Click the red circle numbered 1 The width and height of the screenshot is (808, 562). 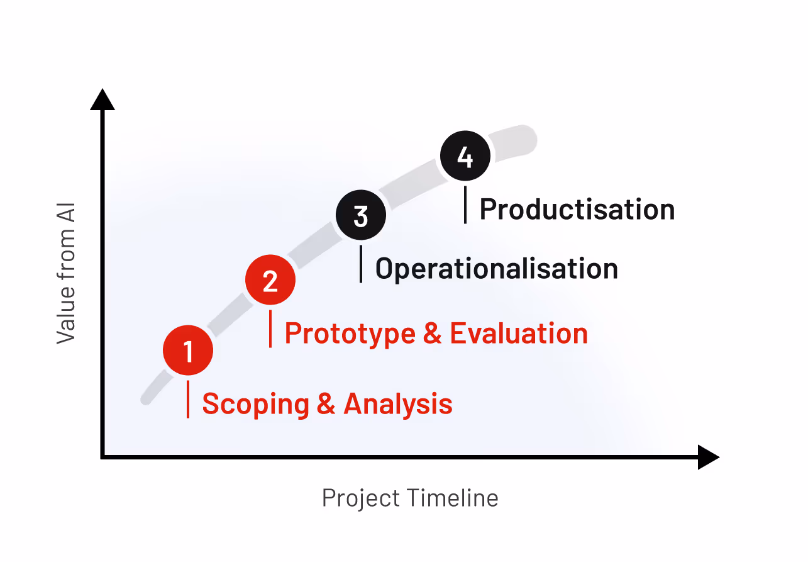pos(188,351)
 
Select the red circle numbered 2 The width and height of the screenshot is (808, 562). pos(270,281)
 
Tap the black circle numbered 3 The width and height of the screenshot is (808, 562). pos(360,216)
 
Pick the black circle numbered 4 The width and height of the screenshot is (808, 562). pos(465,157)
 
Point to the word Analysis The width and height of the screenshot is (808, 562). pos(398,403)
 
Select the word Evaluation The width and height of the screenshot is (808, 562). pos(519,333)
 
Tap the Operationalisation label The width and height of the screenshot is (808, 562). pos(497,269)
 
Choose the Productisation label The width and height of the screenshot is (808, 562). pos(577,210)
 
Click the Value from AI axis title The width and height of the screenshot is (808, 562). pos(65,273)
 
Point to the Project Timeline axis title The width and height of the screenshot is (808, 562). pos(410,498)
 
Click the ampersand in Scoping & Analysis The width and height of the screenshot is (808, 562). pos(326,404)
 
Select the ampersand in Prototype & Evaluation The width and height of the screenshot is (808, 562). pos(433,334)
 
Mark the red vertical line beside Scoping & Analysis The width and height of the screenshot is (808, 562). pos(188,399)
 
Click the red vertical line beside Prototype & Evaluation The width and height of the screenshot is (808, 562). pos(270,329)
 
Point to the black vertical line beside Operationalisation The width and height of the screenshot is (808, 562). pos(360,264)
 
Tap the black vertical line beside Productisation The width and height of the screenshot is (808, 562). pos(465,205)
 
